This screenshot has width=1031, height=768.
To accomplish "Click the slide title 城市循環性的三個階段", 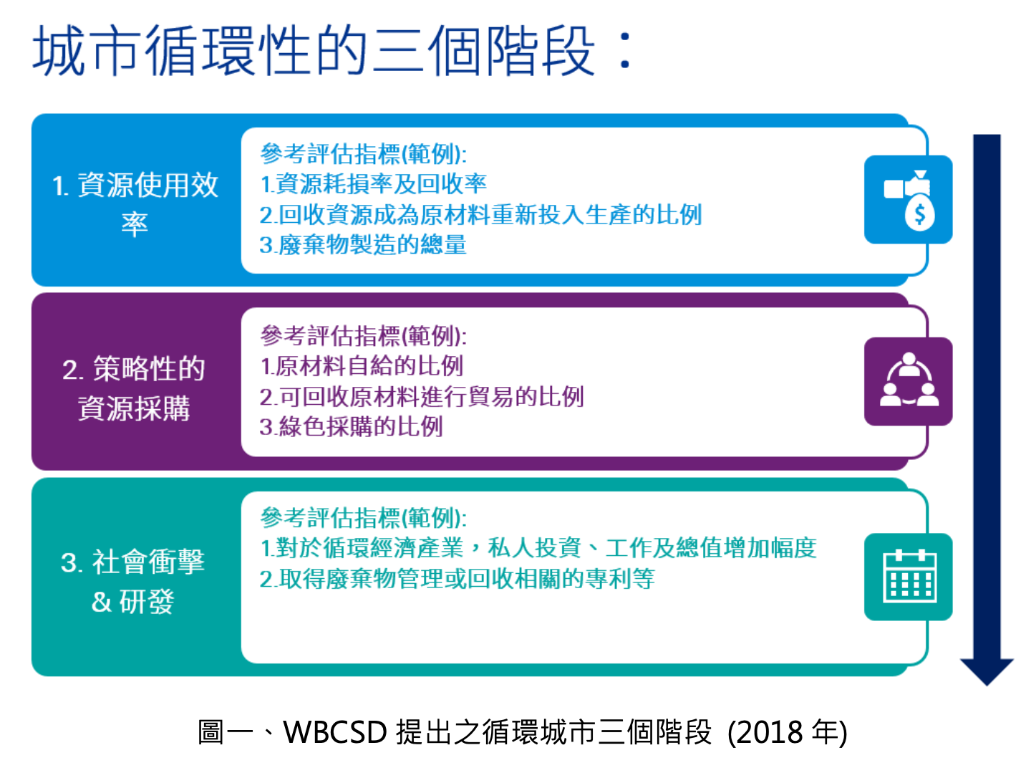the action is tap(331, 50).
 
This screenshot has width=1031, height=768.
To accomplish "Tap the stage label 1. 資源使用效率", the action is tap(135, 203).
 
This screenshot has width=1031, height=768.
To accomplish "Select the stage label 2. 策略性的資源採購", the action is tap(134, 388).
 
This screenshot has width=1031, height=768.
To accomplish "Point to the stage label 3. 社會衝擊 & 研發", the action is tap(133, 581).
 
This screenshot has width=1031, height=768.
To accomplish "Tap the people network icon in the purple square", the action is tap(909, 380).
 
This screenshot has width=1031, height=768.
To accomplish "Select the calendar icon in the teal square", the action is tap(909, 576).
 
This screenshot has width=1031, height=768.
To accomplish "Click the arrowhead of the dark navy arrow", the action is tap(987, 671).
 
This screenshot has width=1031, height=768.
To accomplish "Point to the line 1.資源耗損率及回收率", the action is tap(373, 183).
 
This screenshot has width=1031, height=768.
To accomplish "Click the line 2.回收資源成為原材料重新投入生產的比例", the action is tap(480, 214).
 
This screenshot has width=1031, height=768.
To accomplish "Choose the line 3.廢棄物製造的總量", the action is tap(363, 245).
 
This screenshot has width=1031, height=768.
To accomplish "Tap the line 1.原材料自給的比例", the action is tap(362, 365).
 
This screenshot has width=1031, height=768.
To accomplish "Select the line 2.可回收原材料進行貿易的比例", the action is tap(422, 396).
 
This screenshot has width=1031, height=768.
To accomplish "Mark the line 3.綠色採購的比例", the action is tap(351, 426).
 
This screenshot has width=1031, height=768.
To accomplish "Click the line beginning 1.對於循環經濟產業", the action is tap(538, 547).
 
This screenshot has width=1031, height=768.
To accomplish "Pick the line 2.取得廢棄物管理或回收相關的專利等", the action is tap(457, 579).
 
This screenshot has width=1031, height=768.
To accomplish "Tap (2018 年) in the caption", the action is tap(788, 732).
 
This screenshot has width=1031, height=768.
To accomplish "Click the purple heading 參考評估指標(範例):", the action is tap(364, 336).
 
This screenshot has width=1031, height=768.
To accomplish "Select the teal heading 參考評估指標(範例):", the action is tap(364, 517).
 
